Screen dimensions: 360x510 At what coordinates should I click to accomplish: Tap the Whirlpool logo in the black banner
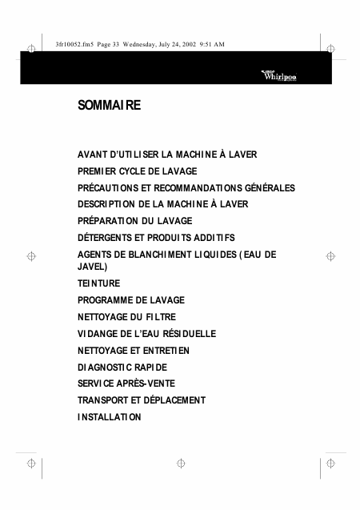point(279,75)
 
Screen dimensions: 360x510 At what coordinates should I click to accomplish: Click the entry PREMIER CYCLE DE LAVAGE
point(137,171)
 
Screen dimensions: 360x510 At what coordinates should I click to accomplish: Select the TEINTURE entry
point(98,283)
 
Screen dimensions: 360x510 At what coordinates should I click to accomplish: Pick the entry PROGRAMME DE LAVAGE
point(130,299)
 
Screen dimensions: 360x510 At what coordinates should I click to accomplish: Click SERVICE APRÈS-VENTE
point(126,384)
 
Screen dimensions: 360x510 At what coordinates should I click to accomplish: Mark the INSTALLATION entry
point(110,417)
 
